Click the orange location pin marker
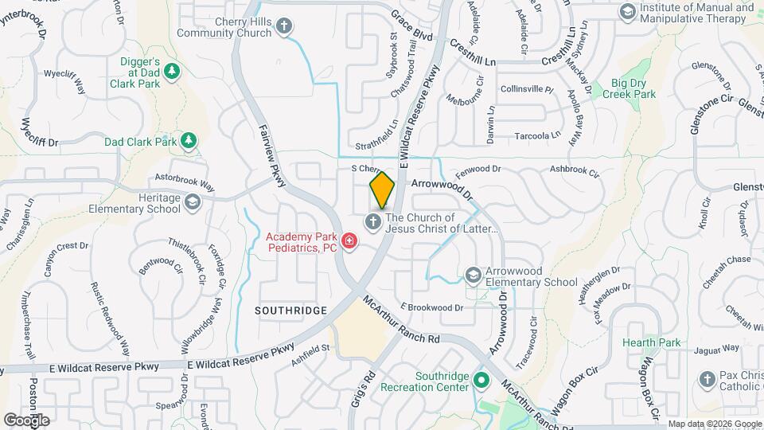point(382,190)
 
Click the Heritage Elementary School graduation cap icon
point(193,203)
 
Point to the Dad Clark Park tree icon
point(189,142)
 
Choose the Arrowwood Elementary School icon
point(474,276)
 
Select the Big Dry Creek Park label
point(633,88)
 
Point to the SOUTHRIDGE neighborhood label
point(291,309)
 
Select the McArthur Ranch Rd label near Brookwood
point(401,320)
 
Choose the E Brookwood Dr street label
point(431,307)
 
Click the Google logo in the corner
point(26,420)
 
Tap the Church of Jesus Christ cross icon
point(372,222)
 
